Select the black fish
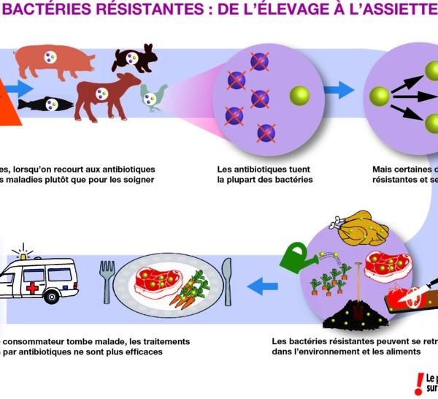pyautogui.click(x=45, y=104)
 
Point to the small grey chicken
pyautogui.click(x=153, y=94)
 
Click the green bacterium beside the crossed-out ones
pyautogui.click(x=299, y=95)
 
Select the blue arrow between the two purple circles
pyautogui.click(x=338, y=90)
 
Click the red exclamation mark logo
pyautogui.click(x=418, y=383)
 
